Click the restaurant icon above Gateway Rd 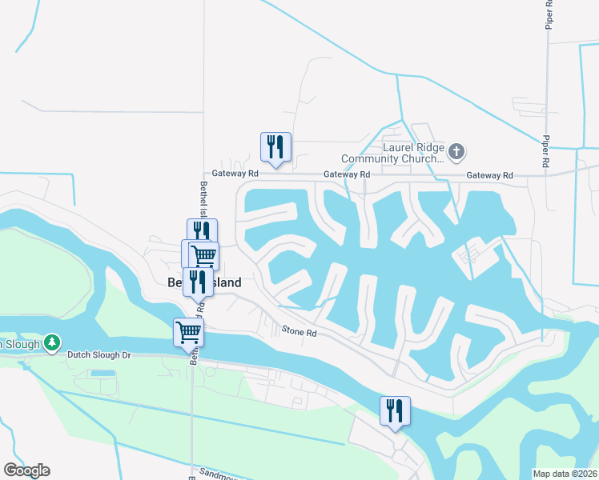coord(275,147)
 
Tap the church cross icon coord(456,150)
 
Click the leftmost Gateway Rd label coord(235,174)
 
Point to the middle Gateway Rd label coord(347,174)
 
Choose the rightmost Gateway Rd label coord(489,175)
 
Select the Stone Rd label coord(299,331)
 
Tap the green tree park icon coord(52,342)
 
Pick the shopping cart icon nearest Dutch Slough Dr coord(189,332)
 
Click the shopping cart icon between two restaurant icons coord(203,256)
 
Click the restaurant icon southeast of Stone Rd coord(394,411)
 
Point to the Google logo coord(26,470)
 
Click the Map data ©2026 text coord(565,474)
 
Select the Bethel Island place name coord(204,282)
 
